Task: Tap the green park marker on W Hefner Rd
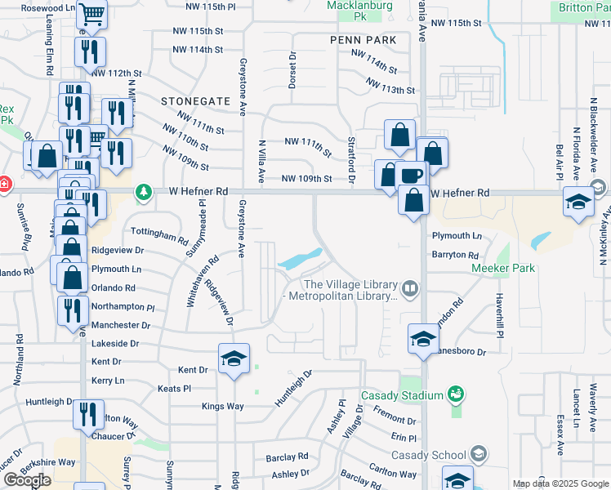pos(145,191)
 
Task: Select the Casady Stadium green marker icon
pos(457,395)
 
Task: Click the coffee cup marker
pos(413,176)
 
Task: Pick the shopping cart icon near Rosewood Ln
pos(93,14)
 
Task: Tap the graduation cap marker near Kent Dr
pos(234,359)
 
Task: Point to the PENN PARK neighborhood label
pos(363,40)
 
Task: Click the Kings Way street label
pos(223,406)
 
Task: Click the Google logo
pos(27,480)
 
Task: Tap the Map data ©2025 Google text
pos(561,483)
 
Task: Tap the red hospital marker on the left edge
pos(4,184)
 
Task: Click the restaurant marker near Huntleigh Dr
pos(88,414)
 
